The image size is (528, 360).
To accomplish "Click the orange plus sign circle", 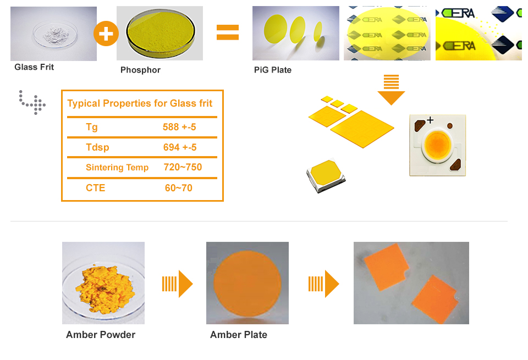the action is [x=106, y=34].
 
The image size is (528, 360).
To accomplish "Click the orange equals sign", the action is [x=228, y=32].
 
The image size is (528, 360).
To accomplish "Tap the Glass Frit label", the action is [x=34, y=67].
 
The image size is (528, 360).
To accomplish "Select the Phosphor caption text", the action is [x=140, y=70].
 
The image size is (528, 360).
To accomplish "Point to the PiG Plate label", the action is [x=273, y=70].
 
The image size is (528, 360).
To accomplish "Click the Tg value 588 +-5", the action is [x=179, y=127].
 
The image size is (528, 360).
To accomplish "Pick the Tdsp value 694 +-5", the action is [x=180, y=147].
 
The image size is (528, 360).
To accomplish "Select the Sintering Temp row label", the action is [x=117, y=167].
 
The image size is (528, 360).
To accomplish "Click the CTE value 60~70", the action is [x=178, y=188].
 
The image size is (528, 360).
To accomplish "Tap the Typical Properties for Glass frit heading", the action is [x=140, y=103].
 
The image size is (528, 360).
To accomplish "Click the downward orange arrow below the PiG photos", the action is [x=391, y=90].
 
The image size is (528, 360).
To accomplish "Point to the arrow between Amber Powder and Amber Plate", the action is [x=177, y=284].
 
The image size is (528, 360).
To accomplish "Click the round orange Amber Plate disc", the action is [x=248, y=283].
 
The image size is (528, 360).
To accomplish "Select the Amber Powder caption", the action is [x=101, y=335].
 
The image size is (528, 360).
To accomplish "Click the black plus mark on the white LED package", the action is [x=430, y=120].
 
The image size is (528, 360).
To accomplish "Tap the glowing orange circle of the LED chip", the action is [x=437, y=145].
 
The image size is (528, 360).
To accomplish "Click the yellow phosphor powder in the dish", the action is [x=160, y=32].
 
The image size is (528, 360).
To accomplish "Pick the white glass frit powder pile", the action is [x=57, y=34].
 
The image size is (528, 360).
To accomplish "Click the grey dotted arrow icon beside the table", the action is [x=32, y=102].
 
